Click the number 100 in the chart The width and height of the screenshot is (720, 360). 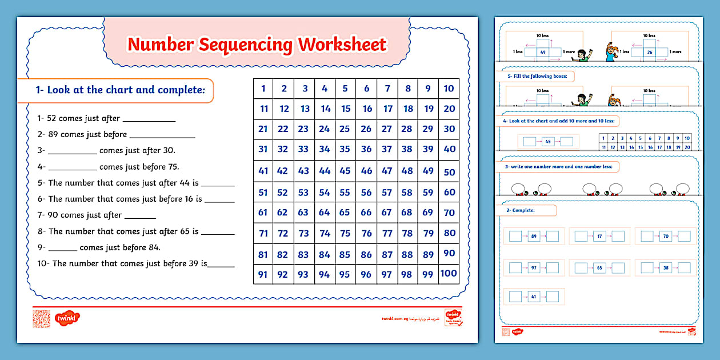pos(449,274)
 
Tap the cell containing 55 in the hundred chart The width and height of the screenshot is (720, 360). pos(345,193)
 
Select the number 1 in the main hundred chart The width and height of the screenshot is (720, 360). pos(263,89)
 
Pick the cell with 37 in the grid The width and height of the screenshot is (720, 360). pos(387,149)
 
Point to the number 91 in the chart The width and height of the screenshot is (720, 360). pos(263,274)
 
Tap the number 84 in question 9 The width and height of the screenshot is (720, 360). pos(153,247)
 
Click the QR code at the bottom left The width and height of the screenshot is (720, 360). pos(42,318)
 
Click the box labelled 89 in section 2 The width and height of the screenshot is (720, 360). pos(534,236)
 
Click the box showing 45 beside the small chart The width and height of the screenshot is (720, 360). pos(548,141)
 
